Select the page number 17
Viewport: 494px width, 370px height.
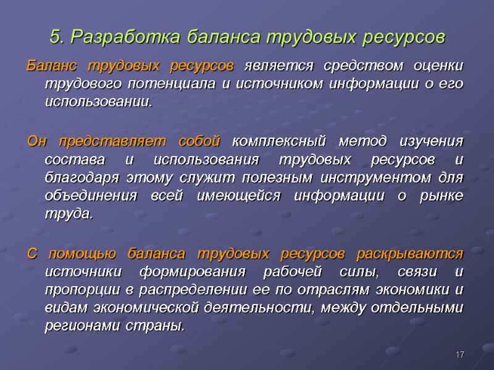pos(459,355)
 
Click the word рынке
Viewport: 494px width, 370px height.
pos(443,197)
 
